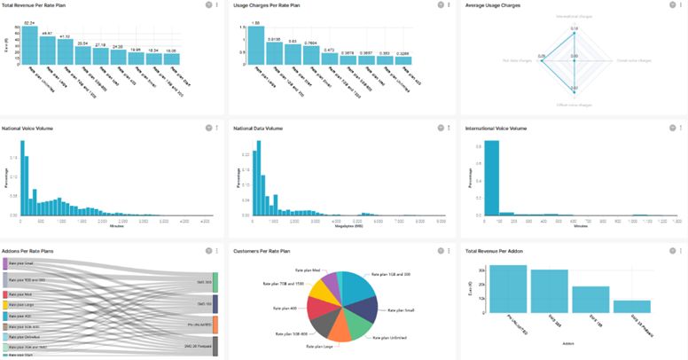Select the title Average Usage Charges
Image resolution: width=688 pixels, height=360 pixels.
(494, 5)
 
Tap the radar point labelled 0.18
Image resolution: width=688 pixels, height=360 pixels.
(574, 34)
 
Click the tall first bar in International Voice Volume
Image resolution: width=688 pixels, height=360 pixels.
(491, 177)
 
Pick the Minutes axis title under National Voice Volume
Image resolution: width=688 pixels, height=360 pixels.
(116, 225)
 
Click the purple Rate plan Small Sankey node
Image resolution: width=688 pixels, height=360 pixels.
(4, 263)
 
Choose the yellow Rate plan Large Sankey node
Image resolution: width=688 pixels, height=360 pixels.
(4, 303)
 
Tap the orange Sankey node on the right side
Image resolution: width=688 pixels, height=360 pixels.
(215, 325)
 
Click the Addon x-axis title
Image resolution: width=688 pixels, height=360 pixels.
(569, 352)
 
